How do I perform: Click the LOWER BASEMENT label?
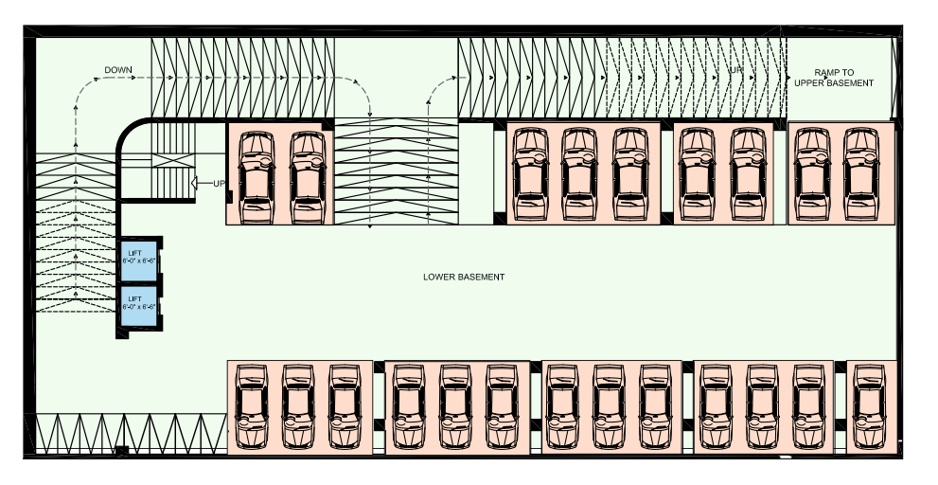[x=464, y=277]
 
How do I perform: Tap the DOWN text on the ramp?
[x=118, y=70]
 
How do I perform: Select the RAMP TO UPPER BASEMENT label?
[x=834, y=78]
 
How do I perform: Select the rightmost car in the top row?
[x=862, y=173]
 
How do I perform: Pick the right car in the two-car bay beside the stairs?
[x=307, y=176]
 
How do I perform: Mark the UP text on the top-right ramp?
[x=735, y=70]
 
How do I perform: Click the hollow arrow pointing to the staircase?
[x=200, y=183]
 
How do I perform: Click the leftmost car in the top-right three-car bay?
[x=530, y=173]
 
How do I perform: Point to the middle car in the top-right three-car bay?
[x=579, y=173]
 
